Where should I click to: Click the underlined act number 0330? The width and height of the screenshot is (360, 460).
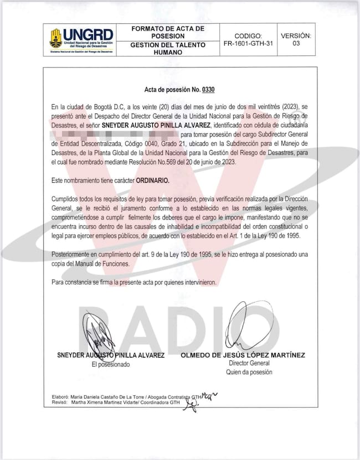(x=208, y=90)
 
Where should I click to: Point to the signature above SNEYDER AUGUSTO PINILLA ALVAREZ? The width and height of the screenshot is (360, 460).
(x=100, y=331)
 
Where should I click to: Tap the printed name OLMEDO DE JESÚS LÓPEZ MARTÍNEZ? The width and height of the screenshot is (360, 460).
(x=243, y=355)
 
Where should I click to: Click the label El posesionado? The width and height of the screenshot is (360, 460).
(x=110, y=364)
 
